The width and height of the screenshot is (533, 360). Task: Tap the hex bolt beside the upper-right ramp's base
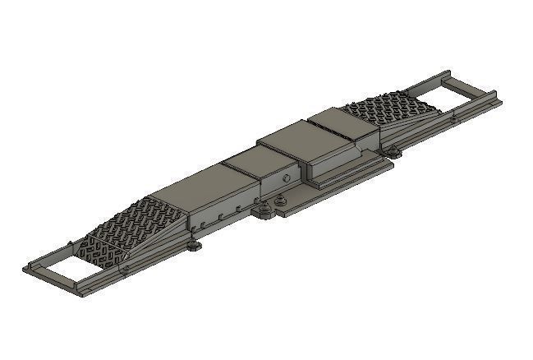pos(394,150)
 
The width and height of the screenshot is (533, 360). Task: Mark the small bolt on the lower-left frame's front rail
pos(126,269)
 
